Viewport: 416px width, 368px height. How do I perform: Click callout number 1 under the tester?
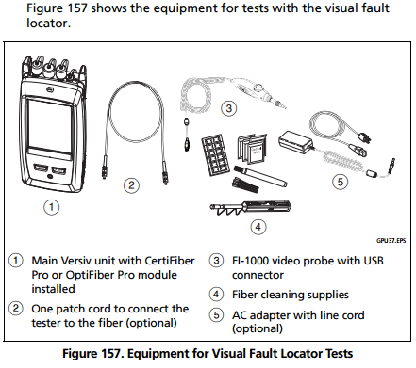[51, 207]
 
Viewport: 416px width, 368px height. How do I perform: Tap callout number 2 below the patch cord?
[131, 185]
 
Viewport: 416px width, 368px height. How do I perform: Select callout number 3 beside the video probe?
[228, 108]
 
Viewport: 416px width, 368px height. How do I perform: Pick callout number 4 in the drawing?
[258, 227]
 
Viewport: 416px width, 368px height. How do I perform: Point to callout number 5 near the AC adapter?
[341, 182]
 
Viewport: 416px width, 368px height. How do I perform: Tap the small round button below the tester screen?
[49, 177]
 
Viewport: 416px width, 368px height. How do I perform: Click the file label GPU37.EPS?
[391, 241]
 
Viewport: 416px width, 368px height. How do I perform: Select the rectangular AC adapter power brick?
[295, 142]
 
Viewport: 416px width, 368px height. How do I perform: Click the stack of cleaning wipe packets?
[252, 149]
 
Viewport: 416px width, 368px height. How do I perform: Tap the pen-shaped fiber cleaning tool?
[260, 176]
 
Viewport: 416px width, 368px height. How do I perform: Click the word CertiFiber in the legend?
[170, 261]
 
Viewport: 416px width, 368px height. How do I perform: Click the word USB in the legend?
[374, 261]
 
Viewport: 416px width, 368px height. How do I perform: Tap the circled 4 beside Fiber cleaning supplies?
[216, 295]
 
